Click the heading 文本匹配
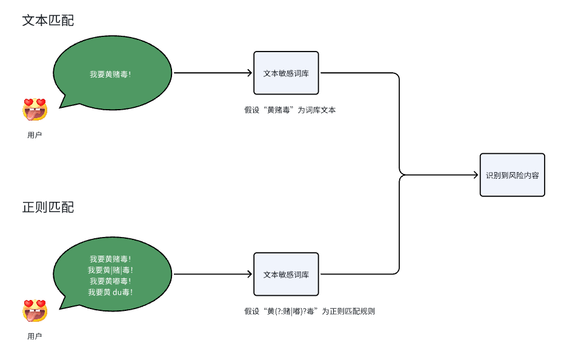coord(48,20)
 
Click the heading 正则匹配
coord(48,207)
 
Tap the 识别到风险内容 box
coord(512,175)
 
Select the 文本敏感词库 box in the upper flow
coord(286,73)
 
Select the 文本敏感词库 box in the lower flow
coord(286,274)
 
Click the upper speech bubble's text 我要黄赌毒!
coord(110,74)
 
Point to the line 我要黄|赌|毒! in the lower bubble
coord(110,270)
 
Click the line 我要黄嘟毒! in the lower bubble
coord(110,281)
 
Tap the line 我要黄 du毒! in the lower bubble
coord(110,292)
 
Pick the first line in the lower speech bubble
coord(110,259)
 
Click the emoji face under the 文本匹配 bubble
coord(35,109)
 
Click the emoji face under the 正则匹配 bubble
coord(35,310)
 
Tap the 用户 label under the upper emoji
coord(35,135)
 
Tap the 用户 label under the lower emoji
coord(35,336)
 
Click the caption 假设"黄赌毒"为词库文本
coord(290,110)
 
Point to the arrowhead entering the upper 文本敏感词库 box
coord(249,73)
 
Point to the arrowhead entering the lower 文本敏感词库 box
coord(249,274)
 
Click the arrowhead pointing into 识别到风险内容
coord(476,175)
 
